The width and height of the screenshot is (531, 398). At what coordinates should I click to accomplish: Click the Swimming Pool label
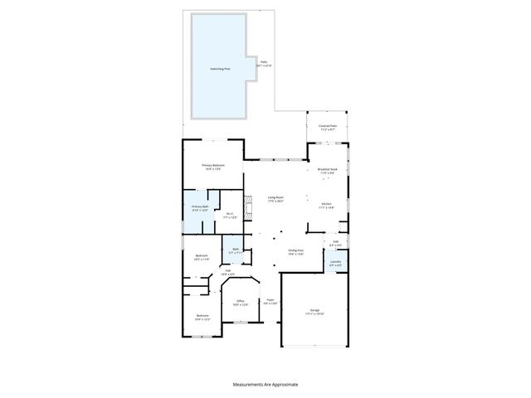coord(220,69)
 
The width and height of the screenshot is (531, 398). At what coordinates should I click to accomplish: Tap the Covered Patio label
coord(327,128)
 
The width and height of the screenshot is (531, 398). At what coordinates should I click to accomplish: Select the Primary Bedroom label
coord(213,167)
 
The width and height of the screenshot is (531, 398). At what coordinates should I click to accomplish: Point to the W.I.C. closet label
coord(230,216)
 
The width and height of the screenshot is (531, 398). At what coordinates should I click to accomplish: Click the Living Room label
coord(275,199)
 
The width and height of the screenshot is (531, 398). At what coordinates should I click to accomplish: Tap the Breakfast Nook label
coord(328,170)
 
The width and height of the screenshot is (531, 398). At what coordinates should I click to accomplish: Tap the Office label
coord(240,303)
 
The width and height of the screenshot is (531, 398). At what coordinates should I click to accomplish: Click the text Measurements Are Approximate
coord(265,384)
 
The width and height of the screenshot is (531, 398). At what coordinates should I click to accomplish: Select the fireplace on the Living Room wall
coord(246,203)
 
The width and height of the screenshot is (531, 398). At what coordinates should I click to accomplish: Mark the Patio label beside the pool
coord(264,63)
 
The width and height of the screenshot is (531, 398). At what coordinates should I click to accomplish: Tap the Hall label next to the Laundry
coord(335,245)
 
